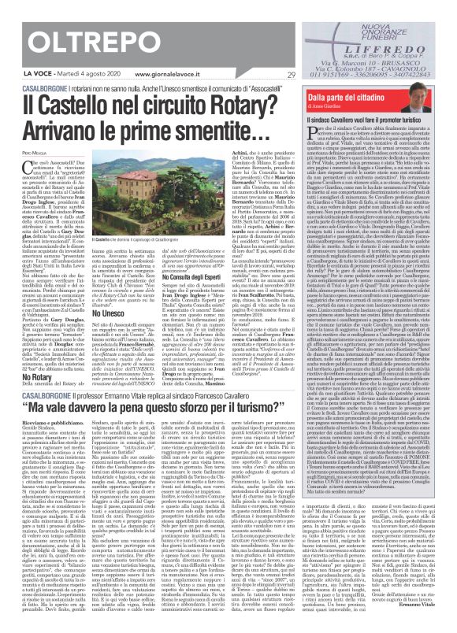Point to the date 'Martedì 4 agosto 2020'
(x=63, y=76)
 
